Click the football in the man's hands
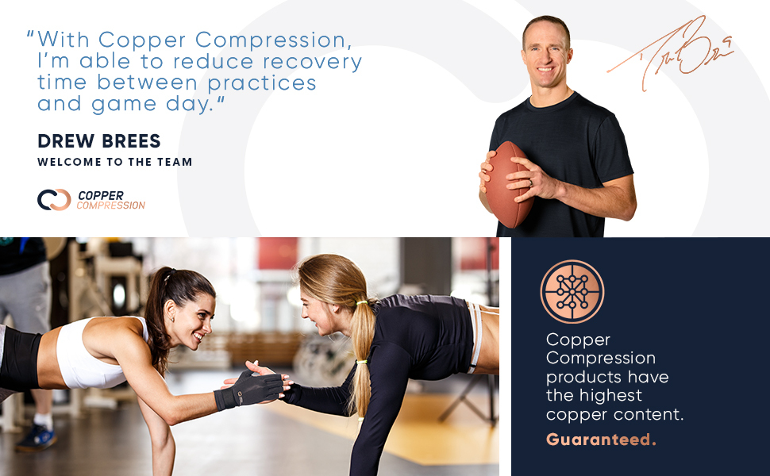[508, 184]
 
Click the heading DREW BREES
[99, 141]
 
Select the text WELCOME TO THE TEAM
[115, 162]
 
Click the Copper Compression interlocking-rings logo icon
[54, 199]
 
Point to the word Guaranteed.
[601, 440]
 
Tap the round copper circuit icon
[572, 291]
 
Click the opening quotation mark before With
[30, 36]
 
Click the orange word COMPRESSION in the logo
[111, 205]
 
